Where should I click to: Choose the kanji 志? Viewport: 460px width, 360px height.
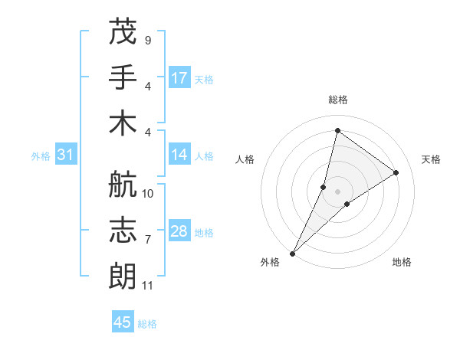(x=123, y=231)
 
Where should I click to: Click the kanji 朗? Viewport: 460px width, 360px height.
(x=123, y=276)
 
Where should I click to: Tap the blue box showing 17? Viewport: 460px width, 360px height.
(x=179, y=77)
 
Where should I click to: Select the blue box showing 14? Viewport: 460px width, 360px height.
(x=179, y=155)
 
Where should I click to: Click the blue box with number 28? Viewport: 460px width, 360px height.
(x=179, y=231)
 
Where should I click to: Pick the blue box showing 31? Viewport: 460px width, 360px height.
(x=66, y=155)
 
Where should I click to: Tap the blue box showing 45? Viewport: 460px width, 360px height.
(x=123, y=322)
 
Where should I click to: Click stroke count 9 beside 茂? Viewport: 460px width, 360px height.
(x=147, y=40)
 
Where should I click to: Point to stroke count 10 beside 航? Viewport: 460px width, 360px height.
(x=148, y=194)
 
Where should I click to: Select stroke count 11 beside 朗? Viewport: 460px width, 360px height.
(x=148, y=286)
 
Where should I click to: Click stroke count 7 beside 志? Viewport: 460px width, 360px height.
(x=147, y=240)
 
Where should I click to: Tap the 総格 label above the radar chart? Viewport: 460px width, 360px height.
(x=338, y=100)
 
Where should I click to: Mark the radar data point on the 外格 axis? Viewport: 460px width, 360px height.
(x=293, y=253)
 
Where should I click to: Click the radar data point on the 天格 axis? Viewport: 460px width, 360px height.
(x=396, y=172)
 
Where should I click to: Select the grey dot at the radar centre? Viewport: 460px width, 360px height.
(x=338, y=191)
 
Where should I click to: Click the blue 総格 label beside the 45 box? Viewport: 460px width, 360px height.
(x=147, y=324)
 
